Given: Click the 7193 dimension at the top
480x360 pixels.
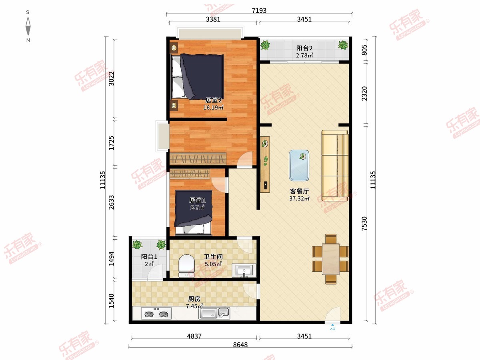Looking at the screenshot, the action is [x=259, y=10].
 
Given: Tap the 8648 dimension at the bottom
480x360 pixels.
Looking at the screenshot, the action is [x=240, y=345].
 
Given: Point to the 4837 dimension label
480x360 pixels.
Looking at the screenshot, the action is [x=194, y=336].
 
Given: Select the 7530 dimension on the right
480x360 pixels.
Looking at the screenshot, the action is [x=364, y=223].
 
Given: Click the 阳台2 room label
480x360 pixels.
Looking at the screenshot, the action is [x=304, y=48].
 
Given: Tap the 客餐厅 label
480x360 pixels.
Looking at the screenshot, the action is [x=299, y=191].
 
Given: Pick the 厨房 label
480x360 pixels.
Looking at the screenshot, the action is [x=194, y=299].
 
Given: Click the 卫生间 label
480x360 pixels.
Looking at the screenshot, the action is [x=213, y=257].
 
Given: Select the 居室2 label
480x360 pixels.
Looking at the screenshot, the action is [x=213, y=100].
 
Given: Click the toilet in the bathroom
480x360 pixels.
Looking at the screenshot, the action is [x=186, y=266].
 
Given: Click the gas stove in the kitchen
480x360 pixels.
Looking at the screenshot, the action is [x=156, y=314].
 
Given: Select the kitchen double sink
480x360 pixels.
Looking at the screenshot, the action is [x=214, y=313].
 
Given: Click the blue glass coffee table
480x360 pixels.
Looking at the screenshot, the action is [x=299, y=166].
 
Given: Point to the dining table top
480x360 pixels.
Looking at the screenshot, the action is [x=331, y=259].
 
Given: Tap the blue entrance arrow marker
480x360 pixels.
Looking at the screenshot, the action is [x=332, y=325].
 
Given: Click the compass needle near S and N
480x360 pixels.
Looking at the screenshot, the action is [x=28, y=26].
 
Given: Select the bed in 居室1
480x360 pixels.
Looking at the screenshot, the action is [x=193, y=213].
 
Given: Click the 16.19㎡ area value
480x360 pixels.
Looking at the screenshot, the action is [x=213, y=107].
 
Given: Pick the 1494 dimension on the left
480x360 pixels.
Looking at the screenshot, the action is [x=111, y=258].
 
